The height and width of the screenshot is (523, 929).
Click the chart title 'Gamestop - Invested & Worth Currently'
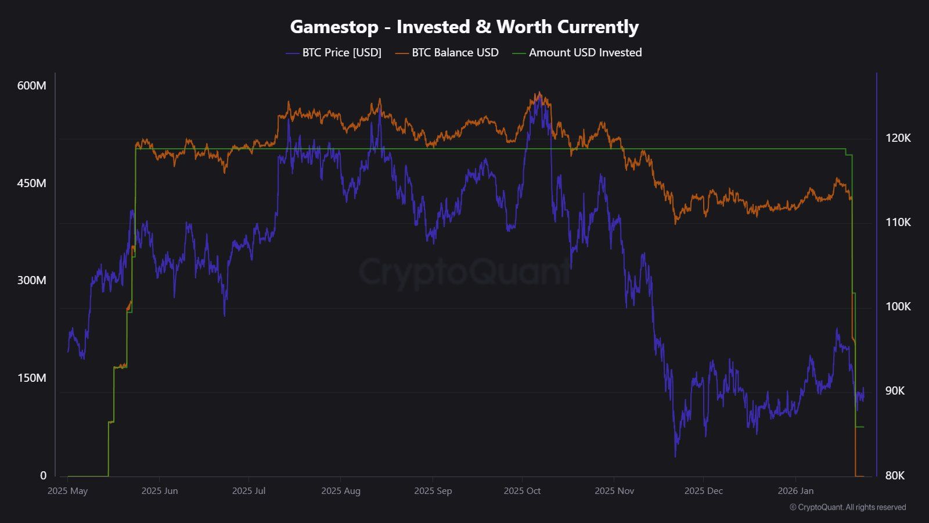tap(464, 27)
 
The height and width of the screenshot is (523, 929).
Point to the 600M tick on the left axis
tap(31, 86)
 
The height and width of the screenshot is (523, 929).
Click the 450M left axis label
tap(31, 184)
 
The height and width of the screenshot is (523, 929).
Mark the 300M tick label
tap(31, 281)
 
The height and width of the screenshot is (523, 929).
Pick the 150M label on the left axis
tap(31, 378)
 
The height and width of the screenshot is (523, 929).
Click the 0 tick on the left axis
tap(43, 475)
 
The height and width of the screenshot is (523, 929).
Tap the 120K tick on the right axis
tap(898, 138)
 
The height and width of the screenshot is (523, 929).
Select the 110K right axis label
tap(898, 223)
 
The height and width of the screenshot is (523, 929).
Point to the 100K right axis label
tap(898, 307)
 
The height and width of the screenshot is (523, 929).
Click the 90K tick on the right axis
tap(895, 391)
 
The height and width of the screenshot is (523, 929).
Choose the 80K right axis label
tap(895, 476)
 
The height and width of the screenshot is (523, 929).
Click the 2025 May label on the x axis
tap(67, 491)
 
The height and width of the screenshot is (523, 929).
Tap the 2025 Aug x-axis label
tap(340, 491)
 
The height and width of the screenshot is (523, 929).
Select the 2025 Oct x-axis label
tap(522, 491)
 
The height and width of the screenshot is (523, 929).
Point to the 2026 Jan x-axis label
tap(795, 491)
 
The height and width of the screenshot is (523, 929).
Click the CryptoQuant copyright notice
tap(848, 507)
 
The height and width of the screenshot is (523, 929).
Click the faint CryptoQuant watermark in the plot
tap(464, 272)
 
